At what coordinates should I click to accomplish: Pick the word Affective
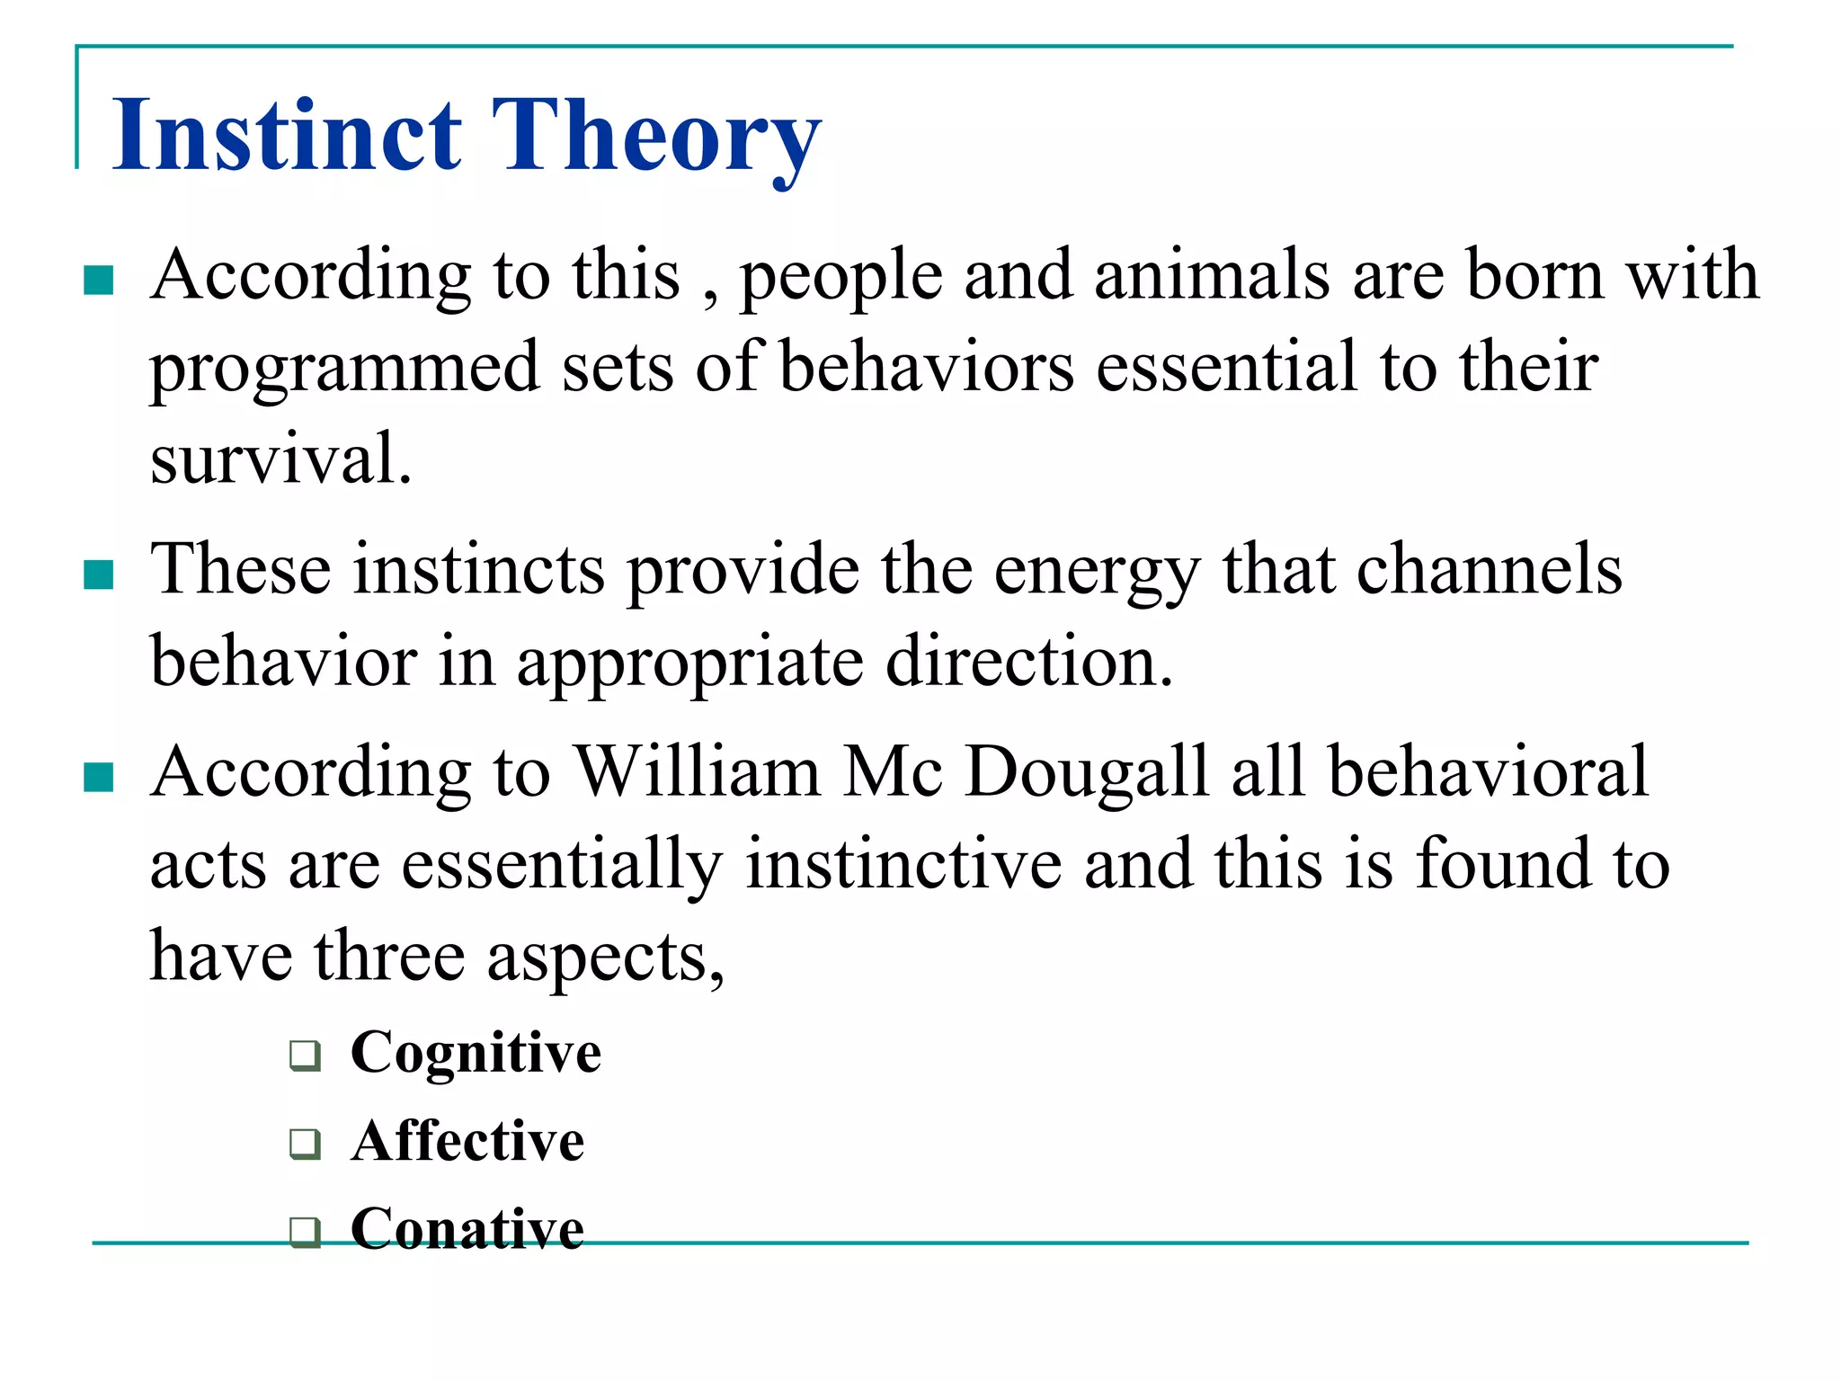[467, 1141]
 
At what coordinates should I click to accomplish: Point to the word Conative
[467, 1228]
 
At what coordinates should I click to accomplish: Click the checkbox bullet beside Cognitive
[306, 1055]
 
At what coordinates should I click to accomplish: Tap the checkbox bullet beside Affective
[306, 1144]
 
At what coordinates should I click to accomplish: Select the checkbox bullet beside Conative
[306, 1231]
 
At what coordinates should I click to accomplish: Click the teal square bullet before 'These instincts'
[98, 575]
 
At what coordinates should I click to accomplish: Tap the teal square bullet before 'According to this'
[98, 280]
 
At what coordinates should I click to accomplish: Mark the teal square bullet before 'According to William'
[98, 777]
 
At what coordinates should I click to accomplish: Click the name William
[697, 771]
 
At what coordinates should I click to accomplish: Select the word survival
[280, 459]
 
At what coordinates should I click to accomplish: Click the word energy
[1097, 572]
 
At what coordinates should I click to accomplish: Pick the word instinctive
[903, 864]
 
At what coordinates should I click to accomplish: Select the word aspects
[604, 958]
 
